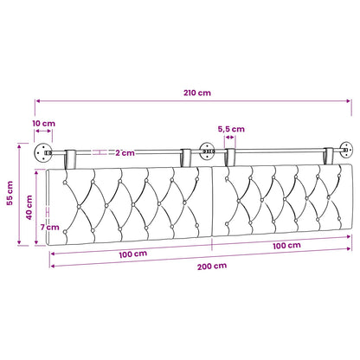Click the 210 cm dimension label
[x=197, y=93]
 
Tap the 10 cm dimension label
[x=43, y=124]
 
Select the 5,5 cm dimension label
[x=231, y=129]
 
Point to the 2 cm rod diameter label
[x=125, y=153]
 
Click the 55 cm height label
[x=10, y=193]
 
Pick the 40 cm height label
[x=29, y=208]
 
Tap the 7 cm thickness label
[x=49, y=228]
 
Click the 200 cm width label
[x=212, y=267]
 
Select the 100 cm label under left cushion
[x=133, y=254]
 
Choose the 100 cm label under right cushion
[x=286, y=246]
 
